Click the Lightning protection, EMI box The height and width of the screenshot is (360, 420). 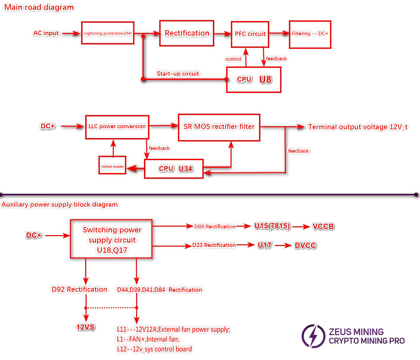[108, 33]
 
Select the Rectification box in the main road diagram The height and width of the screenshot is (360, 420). [187, 33]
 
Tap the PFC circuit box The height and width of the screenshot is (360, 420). [250, 34]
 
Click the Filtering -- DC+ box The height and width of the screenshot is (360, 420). [310, 34]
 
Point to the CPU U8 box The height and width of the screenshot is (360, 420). [254, 79]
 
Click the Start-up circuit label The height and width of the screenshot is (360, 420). [178, 74]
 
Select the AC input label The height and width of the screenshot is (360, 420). [46, 33]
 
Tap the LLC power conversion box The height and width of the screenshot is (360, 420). [117, 127]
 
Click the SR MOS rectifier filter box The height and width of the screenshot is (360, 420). [219, 127]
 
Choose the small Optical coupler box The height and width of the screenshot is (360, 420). [112, 165]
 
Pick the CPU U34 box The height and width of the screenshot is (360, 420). [174, 169]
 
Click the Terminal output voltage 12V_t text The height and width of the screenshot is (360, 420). [358, 127]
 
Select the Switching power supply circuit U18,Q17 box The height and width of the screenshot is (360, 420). [111, 239]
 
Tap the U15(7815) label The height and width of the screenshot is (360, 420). [272, 226]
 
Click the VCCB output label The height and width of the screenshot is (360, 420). [323, 226]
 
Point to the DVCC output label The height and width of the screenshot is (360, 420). [305, 245]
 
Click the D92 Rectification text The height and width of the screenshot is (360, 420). [79, 289]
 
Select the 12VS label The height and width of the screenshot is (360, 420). [85, 327]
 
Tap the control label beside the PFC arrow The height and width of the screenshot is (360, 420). [233, 59]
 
